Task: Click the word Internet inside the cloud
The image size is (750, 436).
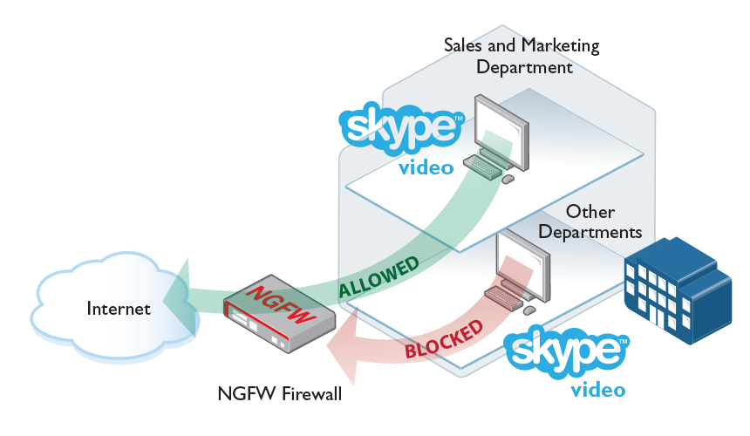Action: tap(119, 309)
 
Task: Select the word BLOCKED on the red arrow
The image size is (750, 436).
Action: tap(444, 340)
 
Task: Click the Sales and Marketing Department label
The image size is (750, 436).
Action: tap(522, 55)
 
